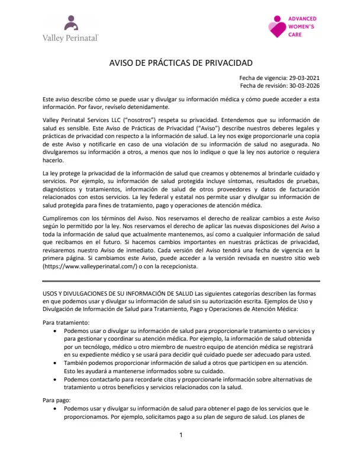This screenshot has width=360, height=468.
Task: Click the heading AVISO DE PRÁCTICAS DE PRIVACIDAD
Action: tap(181, 62)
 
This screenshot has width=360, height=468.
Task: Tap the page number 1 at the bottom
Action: tap(181, 435)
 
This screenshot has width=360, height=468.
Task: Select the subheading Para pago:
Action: tap(56, 400)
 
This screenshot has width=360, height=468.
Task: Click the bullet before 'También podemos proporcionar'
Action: tap(56, 363)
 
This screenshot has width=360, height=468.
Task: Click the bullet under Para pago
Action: tap(56, 409)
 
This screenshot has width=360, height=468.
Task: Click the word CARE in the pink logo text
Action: tap(295, 35)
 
